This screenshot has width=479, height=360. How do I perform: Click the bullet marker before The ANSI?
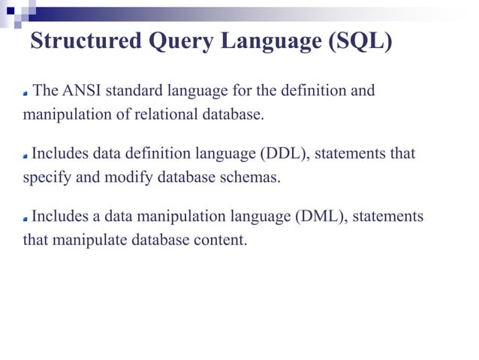tap(25, 94)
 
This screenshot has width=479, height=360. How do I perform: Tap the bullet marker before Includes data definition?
tap(25, 156)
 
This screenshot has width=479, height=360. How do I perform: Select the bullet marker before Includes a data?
tap(25, 219)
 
